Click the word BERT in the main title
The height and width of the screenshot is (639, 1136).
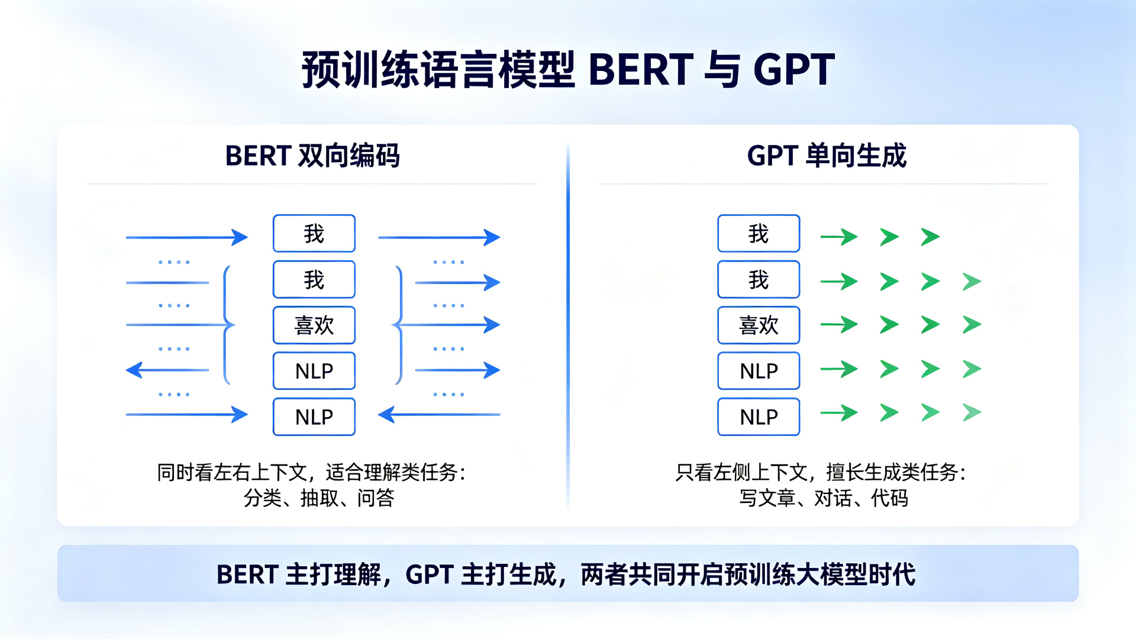[x=641, y=70]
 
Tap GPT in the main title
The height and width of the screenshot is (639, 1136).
[x=794, y=70]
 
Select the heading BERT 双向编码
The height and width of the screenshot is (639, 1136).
[x=312, y=156]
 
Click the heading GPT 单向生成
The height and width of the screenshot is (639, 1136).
[x=827, y=156]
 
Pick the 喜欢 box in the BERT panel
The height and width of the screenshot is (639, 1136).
[x=314, y=325]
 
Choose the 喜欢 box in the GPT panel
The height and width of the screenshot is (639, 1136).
[x=759, y=325]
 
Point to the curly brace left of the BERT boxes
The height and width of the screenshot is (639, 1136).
[x=227, y=325]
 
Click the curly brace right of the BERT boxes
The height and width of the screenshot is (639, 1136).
[x=398, y=325]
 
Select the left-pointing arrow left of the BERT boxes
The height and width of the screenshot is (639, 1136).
[x=167, y=370]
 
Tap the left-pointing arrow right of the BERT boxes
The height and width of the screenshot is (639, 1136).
[x=439, y=415]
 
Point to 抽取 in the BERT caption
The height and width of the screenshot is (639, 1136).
[x=319, y=498]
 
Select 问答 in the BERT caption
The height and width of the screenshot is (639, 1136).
[x=376, y=498]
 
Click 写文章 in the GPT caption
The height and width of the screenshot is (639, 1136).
[x=767, y=498]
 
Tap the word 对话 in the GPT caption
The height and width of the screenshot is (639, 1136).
[x=833, y=498]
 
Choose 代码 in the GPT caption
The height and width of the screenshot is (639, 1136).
[x=889, y=498]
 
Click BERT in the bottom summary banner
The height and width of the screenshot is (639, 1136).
[x=247, y=575]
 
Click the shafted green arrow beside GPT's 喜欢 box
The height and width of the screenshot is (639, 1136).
[x=839, y=324]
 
